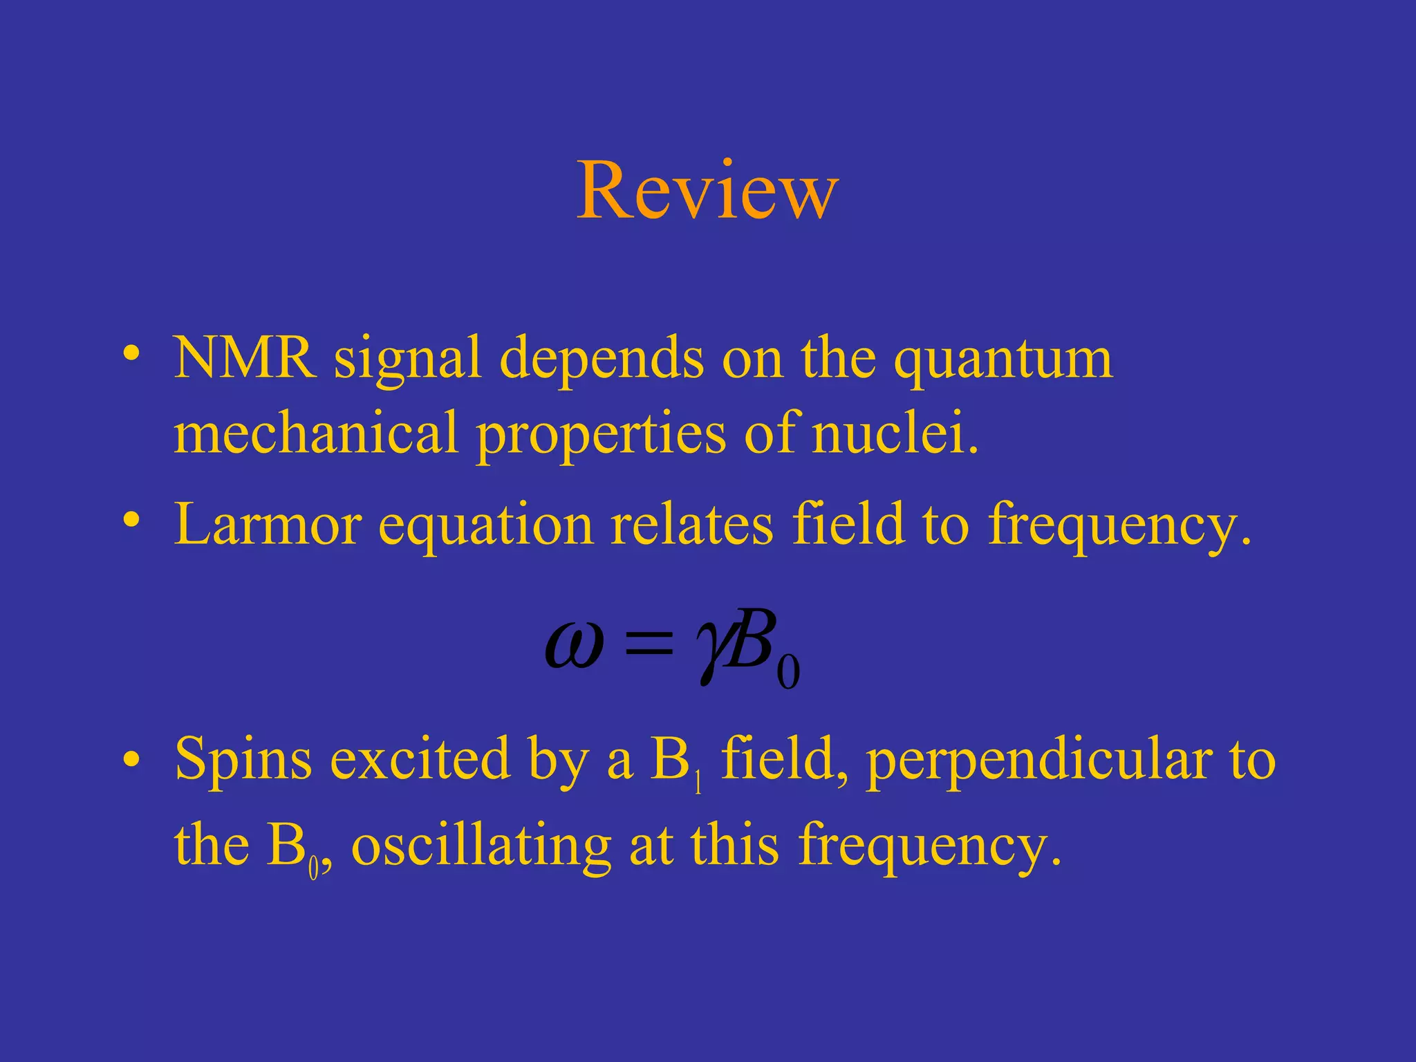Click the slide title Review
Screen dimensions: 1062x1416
tap(707, 191)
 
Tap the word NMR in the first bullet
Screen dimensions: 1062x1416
tap(245, 358)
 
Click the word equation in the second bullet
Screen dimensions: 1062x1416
tap(486, 527)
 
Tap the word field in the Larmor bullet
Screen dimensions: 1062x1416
tap(848, 524)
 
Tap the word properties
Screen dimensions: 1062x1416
tap(602, 436)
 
